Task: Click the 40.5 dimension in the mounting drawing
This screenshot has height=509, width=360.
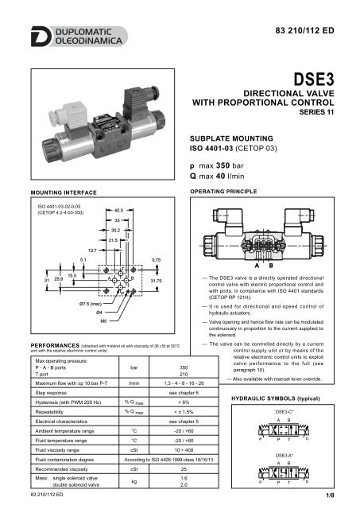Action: tap(119, 211)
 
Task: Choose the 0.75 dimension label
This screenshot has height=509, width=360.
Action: tap(157, 259)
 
